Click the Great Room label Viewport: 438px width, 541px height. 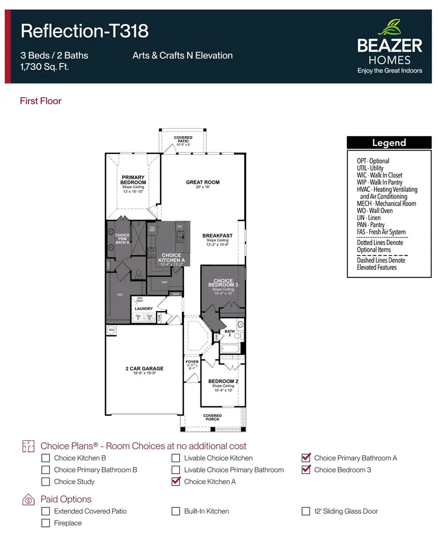(202, 183)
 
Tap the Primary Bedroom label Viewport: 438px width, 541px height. (133, 180)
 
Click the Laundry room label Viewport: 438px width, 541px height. (144, 309)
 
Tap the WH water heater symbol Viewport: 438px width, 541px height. (110, 330)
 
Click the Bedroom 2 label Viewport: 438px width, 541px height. (223, 382)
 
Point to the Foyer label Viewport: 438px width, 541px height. (192, 362)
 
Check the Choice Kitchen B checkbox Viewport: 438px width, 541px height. (46, 458)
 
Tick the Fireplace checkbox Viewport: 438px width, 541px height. (46, 523)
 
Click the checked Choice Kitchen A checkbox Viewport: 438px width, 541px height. (176, 482)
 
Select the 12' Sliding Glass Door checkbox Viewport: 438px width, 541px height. (306, 511)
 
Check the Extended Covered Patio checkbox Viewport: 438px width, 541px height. (46, 511)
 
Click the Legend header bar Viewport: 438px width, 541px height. (389, 143)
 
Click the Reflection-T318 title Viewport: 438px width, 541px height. (84, 31)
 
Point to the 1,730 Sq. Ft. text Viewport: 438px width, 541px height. (44, 67)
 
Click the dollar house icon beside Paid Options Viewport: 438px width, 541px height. (28, 500)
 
